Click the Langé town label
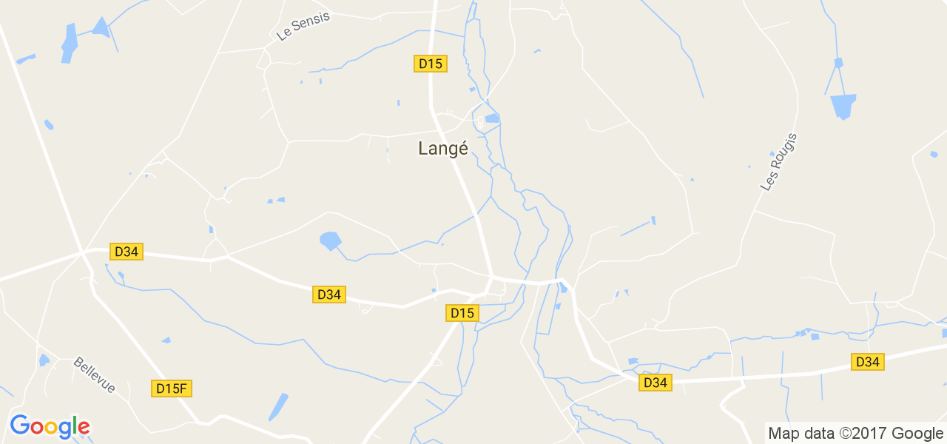[x=443, y=149]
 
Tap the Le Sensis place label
[x=303, y=25]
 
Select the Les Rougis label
[x=779, y=162]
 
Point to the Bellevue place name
[x=95, y=375]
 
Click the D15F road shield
[x=172, y=388]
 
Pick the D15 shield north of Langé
[x=430, y=64]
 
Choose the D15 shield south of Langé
[x=462, y=314]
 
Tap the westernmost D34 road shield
[x=127, y=252]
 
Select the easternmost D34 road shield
[x=867, y=362]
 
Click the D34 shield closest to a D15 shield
[x=328, y=295]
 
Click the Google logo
[x=50, y=426]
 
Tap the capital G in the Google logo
[x=19, y=425]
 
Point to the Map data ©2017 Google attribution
[x=855, y=434]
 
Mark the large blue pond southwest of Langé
[x=330, y=240]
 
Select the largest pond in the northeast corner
[x=843, y=106]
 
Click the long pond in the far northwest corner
[x=70, y=43]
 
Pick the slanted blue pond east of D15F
[x=278, y=407]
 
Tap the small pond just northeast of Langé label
[x=492, y=118]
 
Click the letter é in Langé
[x=462, y=148]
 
